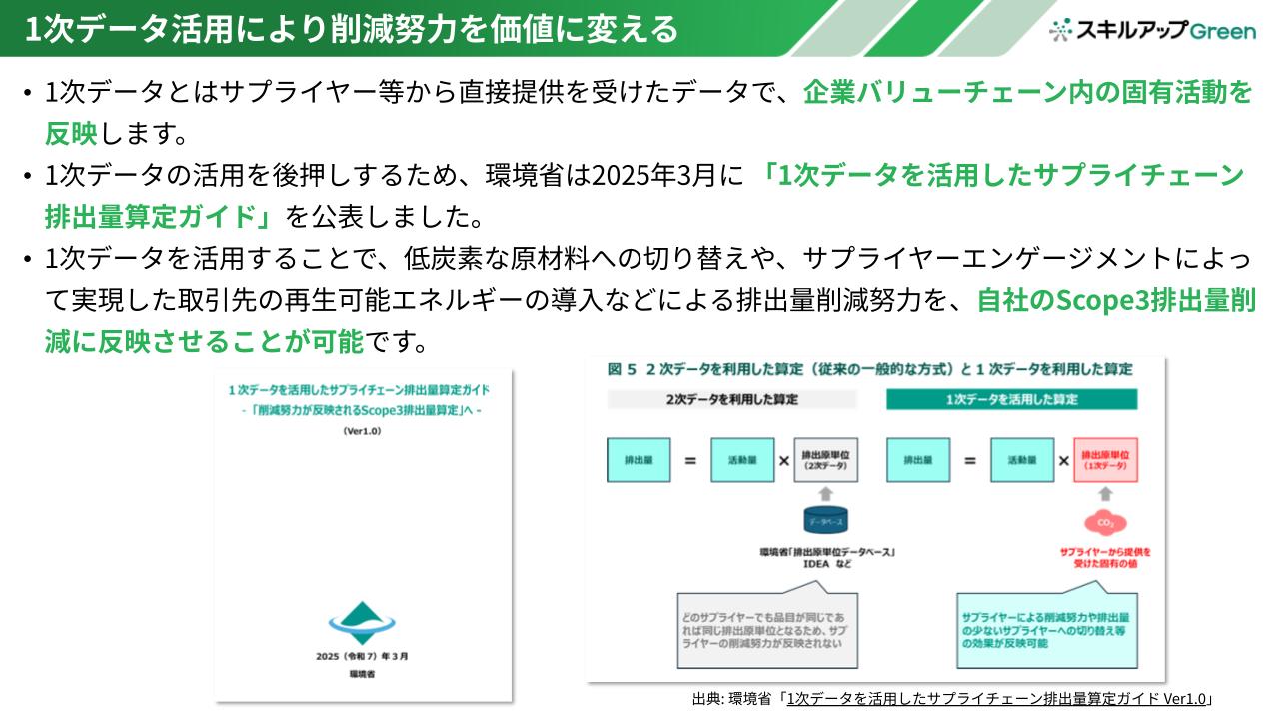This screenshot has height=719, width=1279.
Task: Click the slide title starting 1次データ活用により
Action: click(351, 29)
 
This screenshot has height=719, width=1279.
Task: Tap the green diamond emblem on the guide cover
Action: click(362, 622)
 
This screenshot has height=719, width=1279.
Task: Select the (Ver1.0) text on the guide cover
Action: click(362, 431)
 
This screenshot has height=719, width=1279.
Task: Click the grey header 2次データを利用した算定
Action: click(732, 399)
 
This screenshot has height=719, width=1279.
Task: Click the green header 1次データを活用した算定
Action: click(1012, 399)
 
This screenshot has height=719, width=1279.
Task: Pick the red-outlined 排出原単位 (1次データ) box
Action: click(1105, 460)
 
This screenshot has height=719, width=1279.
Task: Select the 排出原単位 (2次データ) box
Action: click(825, 460)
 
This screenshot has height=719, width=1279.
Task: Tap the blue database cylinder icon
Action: click(825, 520)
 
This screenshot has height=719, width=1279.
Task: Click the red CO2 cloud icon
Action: click(1105, 522)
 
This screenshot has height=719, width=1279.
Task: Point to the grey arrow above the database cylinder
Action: click(825, 493)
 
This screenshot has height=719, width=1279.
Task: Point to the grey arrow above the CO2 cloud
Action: click(1105, 493)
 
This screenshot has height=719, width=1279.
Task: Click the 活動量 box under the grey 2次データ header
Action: click(742, 460)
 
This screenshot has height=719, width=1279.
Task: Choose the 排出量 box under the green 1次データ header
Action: click(918, 460)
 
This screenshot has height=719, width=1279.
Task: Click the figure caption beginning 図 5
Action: click(869, 369)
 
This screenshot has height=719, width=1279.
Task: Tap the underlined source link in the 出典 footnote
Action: click(997, 699)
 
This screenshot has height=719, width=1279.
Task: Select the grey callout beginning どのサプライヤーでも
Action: click(764, 625)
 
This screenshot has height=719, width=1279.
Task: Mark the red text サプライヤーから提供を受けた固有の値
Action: click(1105, 557)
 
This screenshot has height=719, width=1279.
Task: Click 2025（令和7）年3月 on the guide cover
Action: click(362, 656)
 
